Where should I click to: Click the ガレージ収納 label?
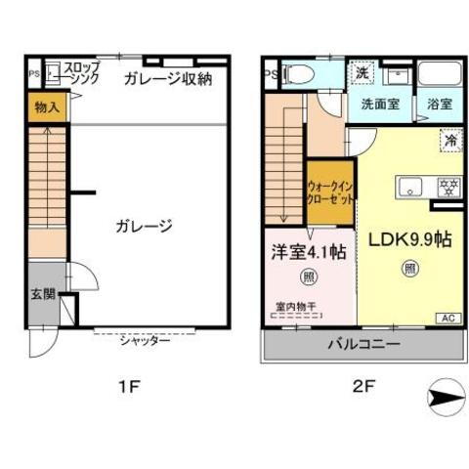[168, 80]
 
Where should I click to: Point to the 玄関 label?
[42, 294]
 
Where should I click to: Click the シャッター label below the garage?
[146, 340]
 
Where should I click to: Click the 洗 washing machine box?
[362, 72]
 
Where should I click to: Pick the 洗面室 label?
[380, 105]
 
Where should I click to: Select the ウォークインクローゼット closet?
[330, 191]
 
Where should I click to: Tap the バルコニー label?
[362, 345]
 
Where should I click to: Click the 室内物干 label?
[297, 306]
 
